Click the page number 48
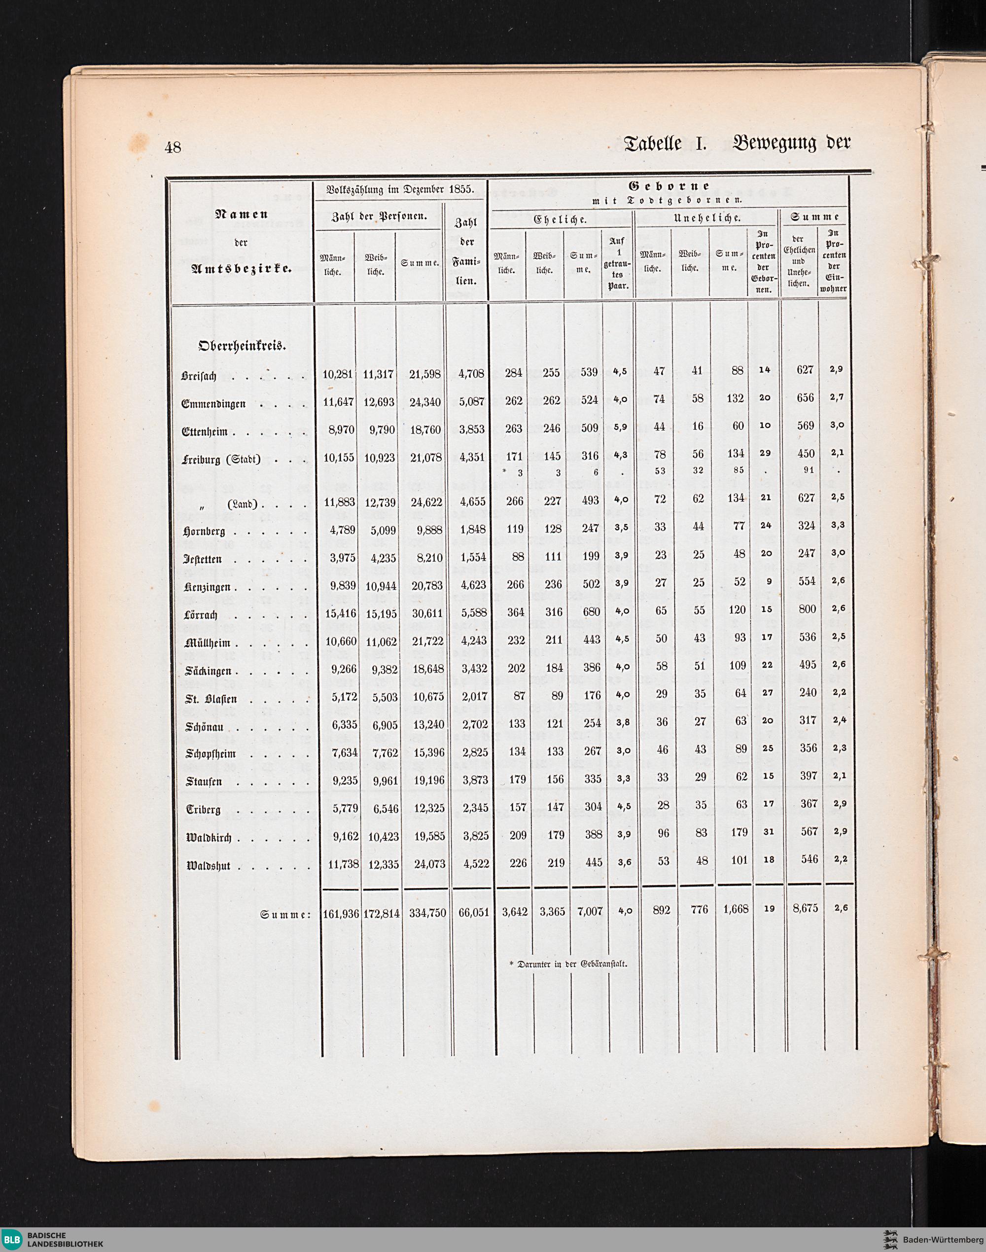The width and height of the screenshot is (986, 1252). [173, 148]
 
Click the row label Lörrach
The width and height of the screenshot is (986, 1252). [200, 614]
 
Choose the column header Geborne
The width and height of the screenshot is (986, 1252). [669, 187]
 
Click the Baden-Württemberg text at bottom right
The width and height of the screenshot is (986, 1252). [941, 1238]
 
